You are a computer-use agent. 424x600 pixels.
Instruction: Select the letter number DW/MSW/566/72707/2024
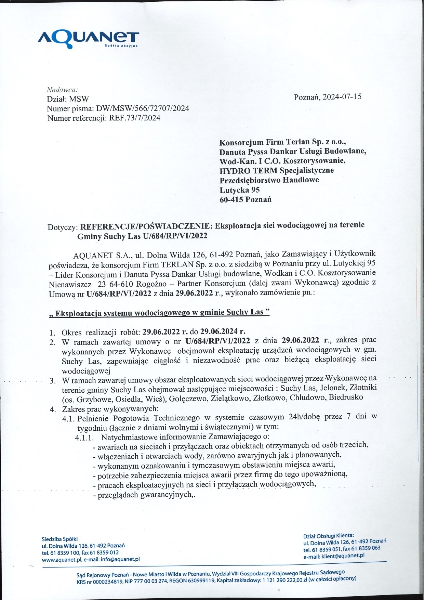pos(143,109)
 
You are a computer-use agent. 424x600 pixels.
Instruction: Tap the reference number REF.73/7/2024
pos(134,118)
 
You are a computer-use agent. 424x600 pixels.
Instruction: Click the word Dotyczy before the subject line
pos(63,227)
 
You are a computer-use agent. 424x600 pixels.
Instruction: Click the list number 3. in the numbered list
pos(52,381)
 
